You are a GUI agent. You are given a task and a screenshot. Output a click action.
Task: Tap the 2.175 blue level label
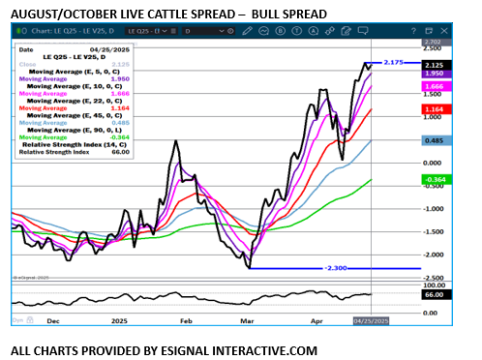pyautogui.click(x=392, y=63)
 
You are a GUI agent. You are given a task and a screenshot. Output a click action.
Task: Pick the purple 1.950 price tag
pyautogui.click(x=437, y=74)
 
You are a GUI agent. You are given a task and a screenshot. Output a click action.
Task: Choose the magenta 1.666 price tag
pyautogui.click(x=437, y=86)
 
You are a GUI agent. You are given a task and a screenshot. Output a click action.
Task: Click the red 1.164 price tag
pyautogui.click(x=437, y=109)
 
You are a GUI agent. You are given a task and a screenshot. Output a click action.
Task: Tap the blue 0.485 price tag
pyautogui.click(x=437, y=140)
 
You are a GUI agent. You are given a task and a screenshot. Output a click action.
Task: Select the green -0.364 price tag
pyautogui.click(x=437, y=180)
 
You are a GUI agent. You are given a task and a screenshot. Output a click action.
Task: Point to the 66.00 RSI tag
pyautogui.click(x=437, y=294)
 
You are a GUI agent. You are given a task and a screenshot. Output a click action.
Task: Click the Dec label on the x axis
pyautogui.click(x=52, y=319)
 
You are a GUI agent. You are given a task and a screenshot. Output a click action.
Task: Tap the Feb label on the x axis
pyautogui.click(x=187, y=319)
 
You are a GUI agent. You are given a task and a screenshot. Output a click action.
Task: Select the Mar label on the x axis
pyautogui.click(x=246, y=319)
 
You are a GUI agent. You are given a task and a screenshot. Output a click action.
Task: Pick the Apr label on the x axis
pyautogui.click(x=316, y=319)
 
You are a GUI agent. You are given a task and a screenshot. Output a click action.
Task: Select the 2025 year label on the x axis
pyautogui.click(x=120, y=319)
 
